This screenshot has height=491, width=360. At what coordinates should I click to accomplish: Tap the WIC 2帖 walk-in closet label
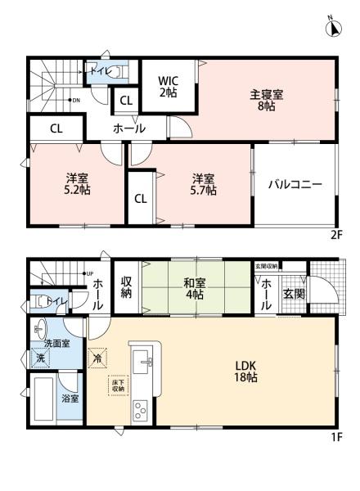point(168,86)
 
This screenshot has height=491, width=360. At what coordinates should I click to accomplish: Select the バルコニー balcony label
point(295,184)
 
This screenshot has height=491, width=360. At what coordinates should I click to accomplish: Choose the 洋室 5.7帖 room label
point(205,184)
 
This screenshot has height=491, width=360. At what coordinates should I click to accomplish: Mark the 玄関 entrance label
point(295,293)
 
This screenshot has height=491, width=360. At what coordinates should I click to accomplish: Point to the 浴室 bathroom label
point(70,399)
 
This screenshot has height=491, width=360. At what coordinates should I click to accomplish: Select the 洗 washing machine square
point(40,358)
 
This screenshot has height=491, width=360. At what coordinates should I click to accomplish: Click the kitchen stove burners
point(142,407)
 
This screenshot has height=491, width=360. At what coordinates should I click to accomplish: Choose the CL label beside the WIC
point(126,100)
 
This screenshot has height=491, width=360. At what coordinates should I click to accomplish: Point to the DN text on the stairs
point(75,100)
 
